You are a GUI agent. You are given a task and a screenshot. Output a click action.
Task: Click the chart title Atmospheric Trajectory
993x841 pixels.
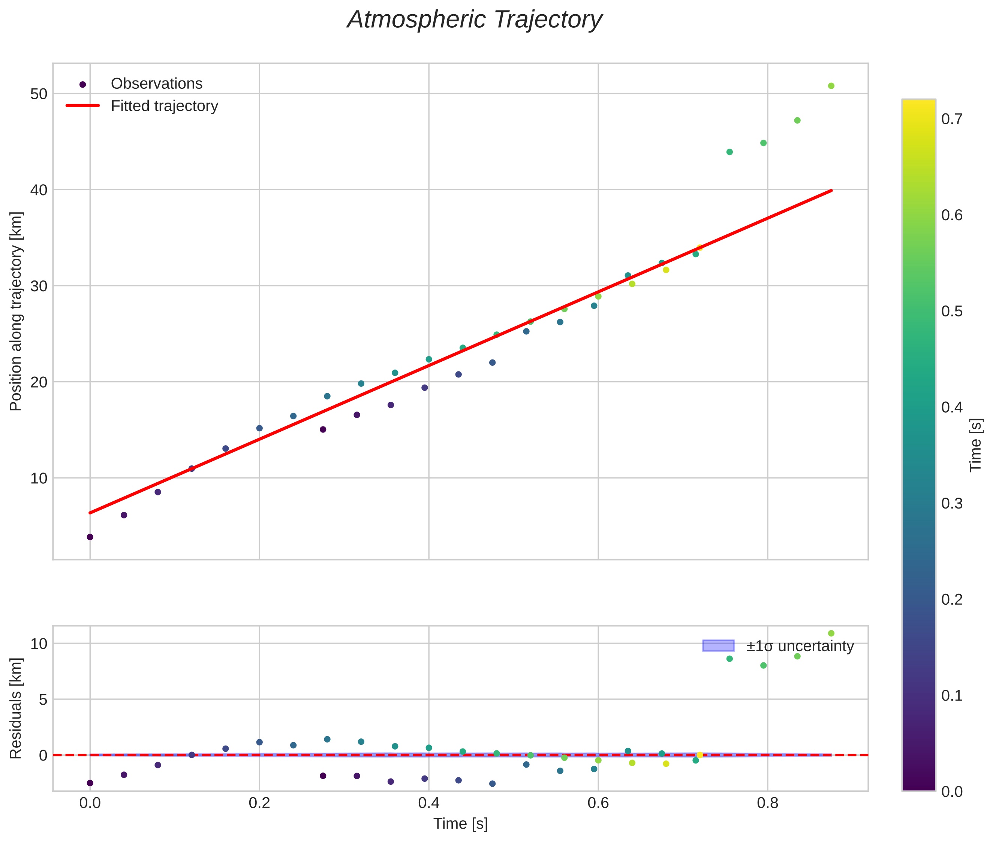(474, 20)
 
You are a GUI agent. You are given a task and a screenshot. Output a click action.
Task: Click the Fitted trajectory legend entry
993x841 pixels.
(164, 106)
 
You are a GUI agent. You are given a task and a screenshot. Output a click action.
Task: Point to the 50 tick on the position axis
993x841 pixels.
(39, 94)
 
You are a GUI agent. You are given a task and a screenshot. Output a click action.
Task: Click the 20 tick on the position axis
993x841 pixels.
(39, 382)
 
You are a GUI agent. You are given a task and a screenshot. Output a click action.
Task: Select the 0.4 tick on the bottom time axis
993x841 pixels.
(428, 803)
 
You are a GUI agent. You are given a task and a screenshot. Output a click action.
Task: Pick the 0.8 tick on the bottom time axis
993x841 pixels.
(767, 803)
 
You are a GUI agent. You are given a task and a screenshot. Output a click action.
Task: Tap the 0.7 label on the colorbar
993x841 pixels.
(951, 119)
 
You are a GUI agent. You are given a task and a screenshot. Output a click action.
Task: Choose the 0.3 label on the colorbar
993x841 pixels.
(951, 504)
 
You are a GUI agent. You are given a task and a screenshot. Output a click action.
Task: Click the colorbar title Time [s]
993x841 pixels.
(975, 445)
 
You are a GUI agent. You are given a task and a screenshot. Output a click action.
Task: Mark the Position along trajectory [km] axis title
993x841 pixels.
(16, 311)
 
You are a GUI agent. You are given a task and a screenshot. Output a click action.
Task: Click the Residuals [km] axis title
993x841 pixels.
(16, 708)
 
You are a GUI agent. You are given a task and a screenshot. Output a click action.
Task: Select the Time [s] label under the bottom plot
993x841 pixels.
(460, 824)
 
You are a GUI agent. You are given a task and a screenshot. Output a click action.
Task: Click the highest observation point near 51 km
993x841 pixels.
(831, 86)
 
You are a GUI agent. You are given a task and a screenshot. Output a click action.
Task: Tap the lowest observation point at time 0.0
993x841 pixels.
(90, 537)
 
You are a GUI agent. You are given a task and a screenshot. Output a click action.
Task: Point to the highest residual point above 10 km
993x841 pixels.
(831, 633)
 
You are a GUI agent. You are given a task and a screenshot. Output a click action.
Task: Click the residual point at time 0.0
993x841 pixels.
(90, 783)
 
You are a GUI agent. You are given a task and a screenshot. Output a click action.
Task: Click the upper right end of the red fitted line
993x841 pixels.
(831, 191)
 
